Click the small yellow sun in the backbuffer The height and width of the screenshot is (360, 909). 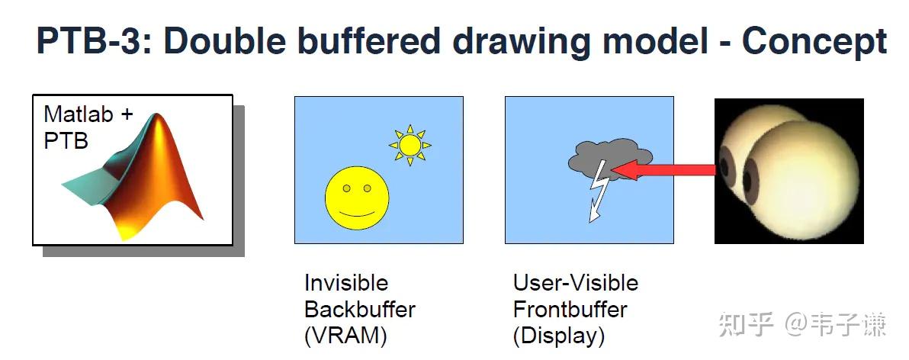tap(410, 145)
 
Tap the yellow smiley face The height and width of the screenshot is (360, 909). tap(357, 197)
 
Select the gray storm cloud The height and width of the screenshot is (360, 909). tap(610, 158)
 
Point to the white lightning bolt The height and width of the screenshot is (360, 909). tap(597, 191)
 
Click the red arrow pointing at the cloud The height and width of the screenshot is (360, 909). tap(663, 169)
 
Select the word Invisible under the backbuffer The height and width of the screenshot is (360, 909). tap(346, 283)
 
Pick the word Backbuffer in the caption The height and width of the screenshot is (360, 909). tap(360, 309)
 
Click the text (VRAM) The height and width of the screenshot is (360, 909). tap(345, 336)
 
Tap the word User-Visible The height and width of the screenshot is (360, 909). tap(576, 283)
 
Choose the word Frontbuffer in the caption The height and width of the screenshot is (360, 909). tap(570, 309)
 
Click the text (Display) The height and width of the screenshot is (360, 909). tap(559, 336)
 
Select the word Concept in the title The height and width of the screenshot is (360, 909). tap(814, 42)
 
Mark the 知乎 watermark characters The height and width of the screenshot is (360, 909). tap(746, 325)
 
